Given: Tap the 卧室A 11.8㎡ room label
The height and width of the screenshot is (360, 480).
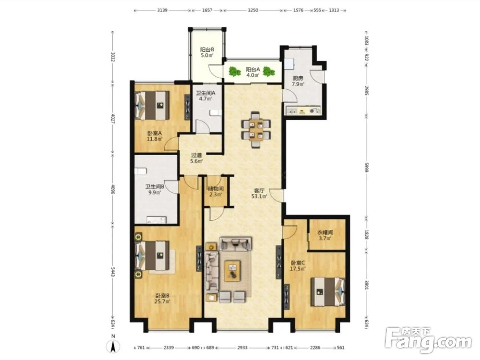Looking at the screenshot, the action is [x=154, y=136].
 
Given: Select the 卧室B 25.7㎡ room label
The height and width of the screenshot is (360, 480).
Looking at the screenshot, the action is [x=162, y=299].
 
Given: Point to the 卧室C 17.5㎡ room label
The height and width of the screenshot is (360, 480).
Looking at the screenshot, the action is [x=298, y=266].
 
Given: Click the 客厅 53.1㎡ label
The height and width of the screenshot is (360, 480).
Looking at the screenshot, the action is [x=259, y=193].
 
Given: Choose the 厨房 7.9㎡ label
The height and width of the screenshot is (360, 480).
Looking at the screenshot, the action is [x=298, y=81].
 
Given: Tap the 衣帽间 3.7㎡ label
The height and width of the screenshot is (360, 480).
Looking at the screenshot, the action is [x=325, y=235].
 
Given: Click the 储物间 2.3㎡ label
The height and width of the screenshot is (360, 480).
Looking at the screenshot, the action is [x=216, y=192].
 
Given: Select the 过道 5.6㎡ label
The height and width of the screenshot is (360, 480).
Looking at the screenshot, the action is [x=196, y=158].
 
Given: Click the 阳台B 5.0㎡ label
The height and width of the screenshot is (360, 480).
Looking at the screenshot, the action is [x=206, y=52].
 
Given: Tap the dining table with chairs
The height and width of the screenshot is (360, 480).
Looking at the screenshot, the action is [x=256, y=130].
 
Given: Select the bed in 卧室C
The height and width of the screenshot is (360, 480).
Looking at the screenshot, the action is [x=327, y=292].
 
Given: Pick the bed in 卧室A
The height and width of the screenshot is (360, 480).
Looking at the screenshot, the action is [x=153, y=106].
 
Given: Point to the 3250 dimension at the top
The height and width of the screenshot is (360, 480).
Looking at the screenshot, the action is [x=253, y=10].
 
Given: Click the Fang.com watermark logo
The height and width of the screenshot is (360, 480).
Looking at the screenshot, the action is [x=428, y=340].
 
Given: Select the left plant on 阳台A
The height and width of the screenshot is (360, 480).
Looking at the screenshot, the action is [x=235, y=72].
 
